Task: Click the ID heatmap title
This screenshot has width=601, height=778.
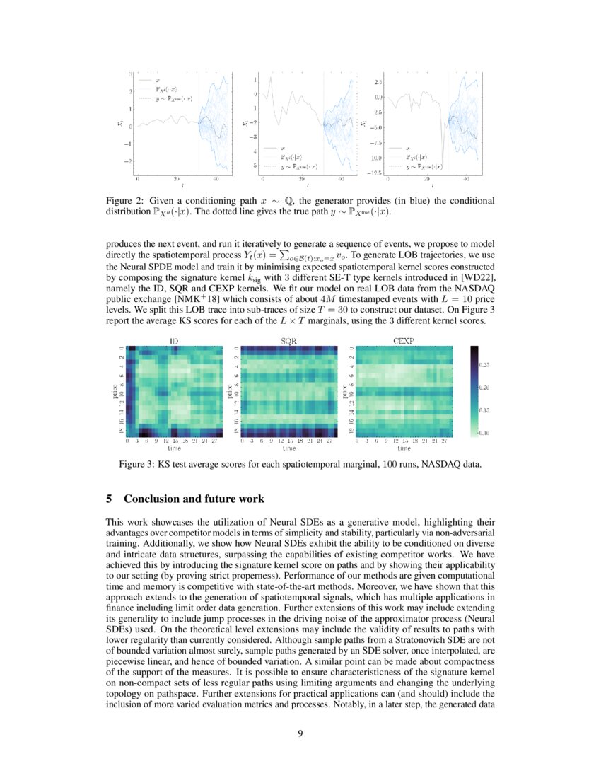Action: (x=173, y=341)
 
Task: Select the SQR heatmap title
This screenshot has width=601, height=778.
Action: (x=288, y=341)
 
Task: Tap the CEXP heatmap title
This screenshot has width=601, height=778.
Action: (x=404, y=341)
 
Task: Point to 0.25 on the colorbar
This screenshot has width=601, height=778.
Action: (x=486, y=365)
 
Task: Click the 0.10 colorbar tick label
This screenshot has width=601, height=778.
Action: (x=486, y=432)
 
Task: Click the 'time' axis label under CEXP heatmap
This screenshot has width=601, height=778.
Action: (x=404, y=448)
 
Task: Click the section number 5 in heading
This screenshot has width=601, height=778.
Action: (x=110, y=499)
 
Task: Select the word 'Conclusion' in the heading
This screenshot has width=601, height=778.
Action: (x=152, y=499)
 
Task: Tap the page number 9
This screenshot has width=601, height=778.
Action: (x=300, y=733)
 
